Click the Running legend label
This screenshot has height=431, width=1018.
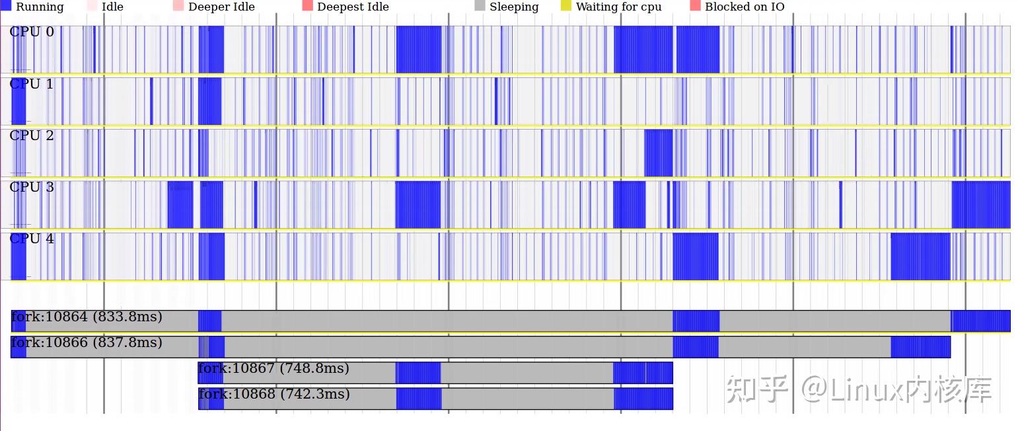coord(40,7)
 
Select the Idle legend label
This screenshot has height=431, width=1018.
coord(112,7)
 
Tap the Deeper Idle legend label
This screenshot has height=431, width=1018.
coord(221,7)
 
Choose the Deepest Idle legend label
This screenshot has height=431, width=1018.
coord(353,7)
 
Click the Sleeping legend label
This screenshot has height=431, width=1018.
coord(514,7)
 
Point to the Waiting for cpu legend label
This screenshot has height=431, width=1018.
coord(618,7)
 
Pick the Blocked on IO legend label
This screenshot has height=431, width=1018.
coord(745,7)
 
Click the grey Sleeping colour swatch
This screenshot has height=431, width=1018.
coord(480,6)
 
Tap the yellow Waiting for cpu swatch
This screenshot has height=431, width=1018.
coord(566,6)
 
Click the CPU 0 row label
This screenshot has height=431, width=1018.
coord(32,32)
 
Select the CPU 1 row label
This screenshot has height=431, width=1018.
coord(32,84)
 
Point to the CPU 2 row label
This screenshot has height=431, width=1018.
coord(32,136)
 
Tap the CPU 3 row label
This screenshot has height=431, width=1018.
coord(32,187)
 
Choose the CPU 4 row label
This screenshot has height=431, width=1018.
coord(32,239)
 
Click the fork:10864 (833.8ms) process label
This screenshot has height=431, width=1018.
coord(87,317)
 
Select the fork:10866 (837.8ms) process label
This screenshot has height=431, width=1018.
coord(87,342)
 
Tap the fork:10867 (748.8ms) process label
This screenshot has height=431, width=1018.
coord(273,368)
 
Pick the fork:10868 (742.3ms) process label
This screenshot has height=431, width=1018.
coord(273,394)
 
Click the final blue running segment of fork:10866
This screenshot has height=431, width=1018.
coord(920,347)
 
